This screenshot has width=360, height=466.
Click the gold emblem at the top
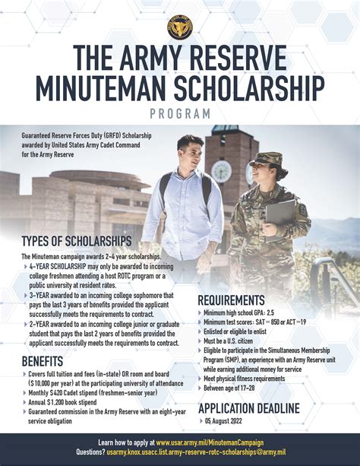point(180,27)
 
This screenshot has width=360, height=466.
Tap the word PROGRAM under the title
point(180,113)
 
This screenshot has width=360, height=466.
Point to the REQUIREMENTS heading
point(242,300)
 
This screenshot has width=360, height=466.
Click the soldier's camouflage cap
point(269,160)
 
